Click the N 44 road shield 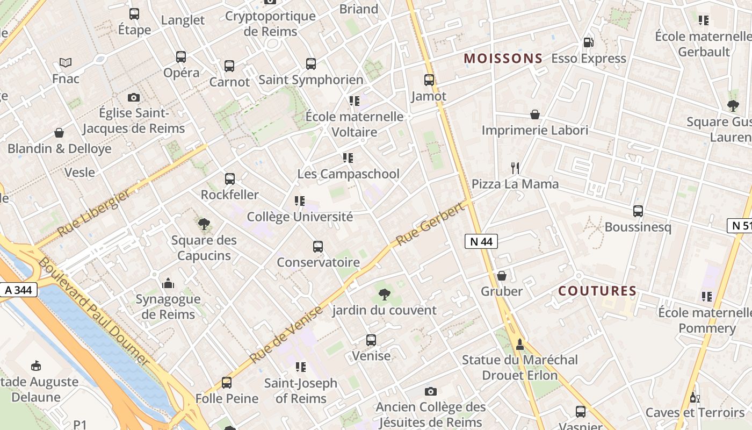point(481,242)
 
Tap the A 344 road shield point(18,290)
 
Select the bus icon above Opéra point(181,57)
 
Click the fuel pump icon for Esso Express point(588,42)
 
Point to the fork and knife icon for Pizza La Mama point(515,168)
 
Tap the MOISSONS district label point(503,59)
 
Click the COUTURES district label point(597,291)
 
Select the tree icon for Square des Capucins point(204,224)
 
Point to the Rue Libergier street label point(94,213)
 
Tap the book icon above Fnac point(66,63)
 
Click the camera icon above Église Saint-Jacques point(134,97)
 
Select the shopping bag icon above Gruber point(501,276)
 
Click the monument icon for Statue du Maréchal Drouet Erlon point(519,344)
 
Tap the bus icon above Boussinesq point(638,211)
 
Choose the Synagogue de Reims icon point(168,283)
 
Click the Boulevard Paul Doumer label point(93,312)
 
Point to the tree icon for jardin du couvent point(384,294)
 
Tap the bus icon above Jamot point(429,80)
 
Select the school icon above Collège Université point(300,201)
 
